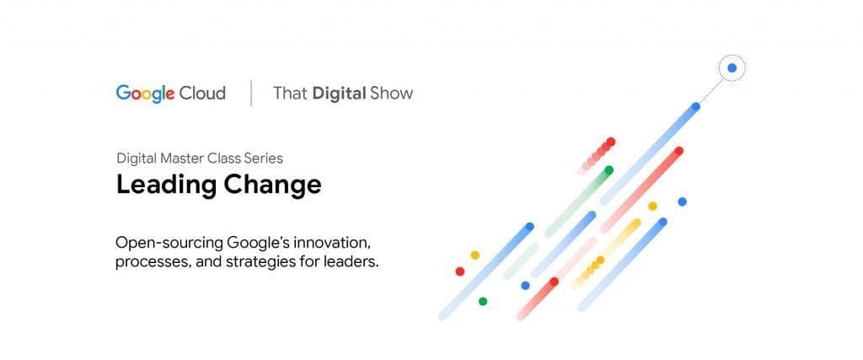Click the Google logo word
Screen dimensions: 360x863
(x=145, y=93)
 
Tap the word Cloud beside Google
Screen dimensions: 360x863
(x=202, y=93)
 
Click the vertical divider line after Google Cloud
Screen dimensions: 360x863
(x=251, y=93)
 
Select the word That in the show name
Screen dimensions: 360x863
(x=290, y=93)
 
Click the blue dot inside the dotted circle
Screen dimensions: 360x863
(x=732, y=67)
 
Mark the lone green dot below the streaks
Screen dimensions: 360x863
(x=482, y=301)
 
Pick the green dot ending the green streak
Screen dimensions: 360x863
(x=608, y=169)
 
